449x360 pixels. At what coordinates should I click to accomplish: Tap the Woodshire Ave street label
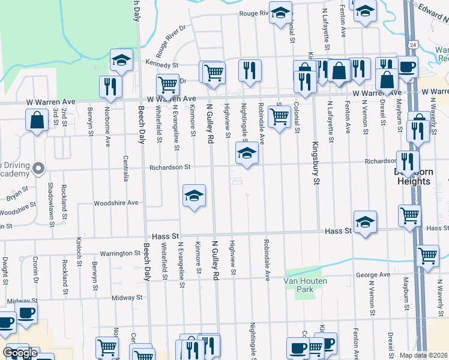[116, 203]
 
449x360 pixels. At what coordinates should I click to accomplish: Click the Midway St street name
[126, 297]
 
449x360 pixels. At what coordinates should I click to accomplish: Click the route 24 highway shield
[414, 44]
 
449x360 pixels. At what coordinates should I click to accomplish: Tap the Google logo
[19, 353]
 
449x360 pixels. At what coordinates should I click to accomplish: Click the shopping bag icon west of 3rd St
[37, 119]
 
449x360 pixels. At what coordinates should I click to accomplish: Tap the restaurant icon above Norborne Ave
[110, 86]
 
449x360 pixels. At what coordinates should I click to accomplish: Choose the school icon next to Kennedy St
[121, 59]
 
